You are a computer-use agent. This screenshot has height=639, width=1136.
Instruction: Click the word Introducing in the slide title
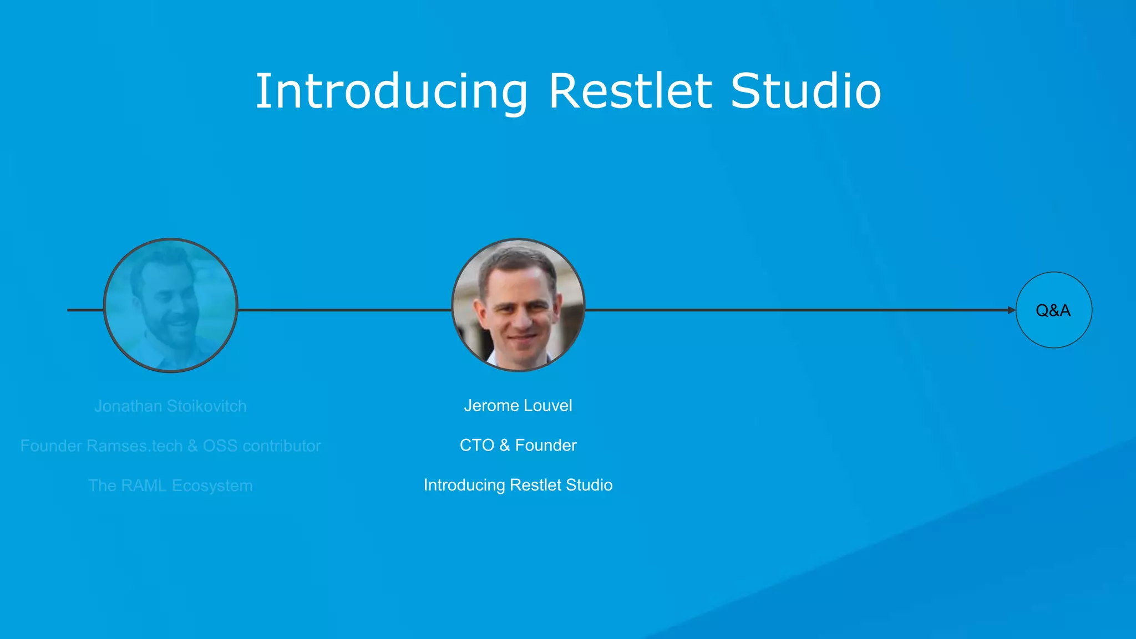[x=391, y=91]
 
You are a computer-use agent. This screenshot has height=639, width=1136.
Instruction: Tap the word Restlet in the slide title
[x=630, y=91]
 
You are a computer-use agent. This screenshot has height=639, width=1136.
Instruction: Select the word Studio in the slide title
[x=805, y=91]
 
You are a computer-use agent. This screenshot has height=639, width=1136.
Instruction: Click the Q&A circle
[x=1053, y=310]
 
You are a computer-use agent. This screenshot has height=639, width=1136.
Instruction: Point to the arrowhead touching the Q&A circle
[x=1011, y=310]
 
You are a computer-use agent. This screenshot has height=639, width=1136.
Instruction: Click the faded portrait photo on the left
[x=171, y=305]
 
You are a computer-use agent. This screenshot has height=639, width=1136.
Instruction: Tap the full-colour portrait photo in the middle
[x=518, y=305]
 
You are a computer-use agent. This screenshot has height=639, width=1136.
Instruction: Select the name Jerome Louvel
[x=518, y=406]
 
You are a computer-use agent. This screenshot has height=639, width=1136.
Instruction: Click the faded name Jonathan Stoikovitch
[x=170, y=406]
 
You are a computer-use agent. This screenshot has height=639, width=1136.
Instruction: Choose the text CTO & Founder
[x=518, y=446]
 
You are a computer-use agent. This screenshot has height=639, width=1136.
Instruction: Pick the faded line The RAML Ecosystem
[x=170, y=486]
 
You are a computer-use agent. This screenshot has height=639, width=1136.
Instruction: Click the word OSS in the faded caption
[x=220, y=446]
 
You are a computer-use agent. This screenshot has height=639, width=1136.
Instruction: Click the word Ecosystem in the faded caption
[x=212, y=486]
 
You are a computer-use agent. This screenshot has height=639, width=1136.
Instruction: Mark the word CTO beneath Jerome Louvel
[x=477, y=446]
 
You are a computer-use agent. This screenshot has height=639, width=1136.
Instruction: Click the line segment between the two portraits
[x=344, y=310]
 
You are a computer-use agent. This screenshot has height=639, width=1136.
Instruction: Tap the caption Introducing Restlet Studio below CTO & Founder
[x=518, y=485]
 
